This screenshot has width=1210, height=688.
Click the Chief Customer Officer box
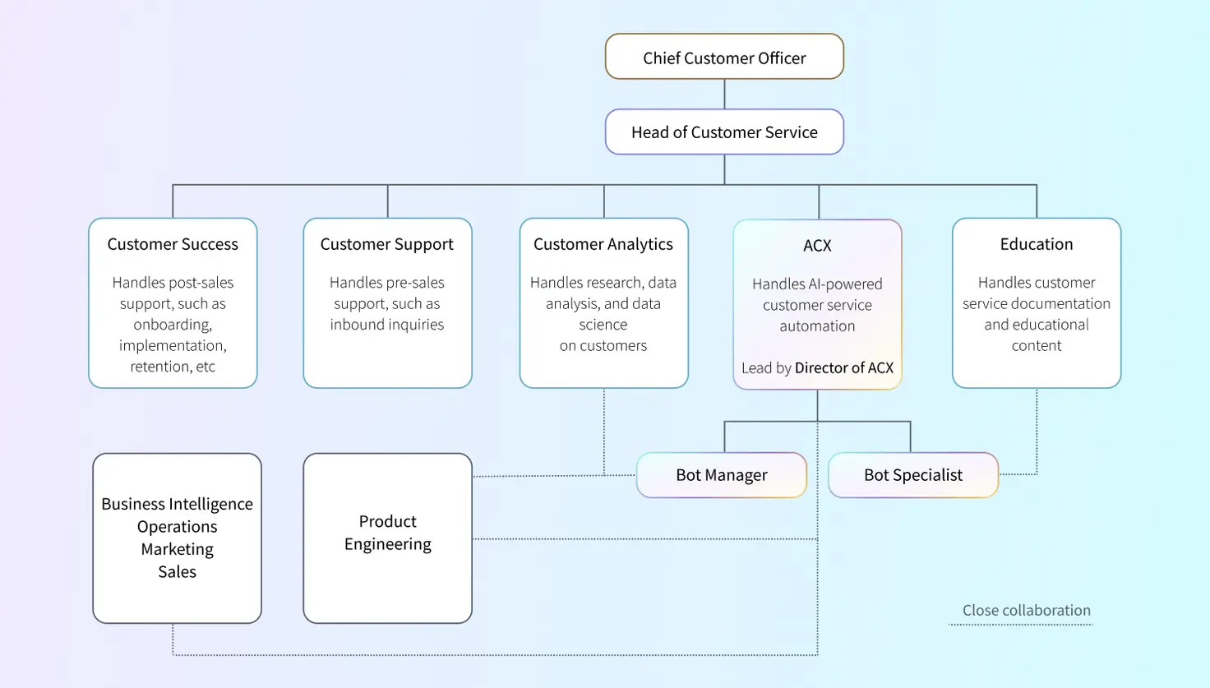tap(724, 58)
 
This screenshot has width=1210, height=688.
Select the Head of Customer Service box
tap(724, 132)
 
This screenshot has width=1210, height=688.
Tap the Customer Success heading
tap(173, 244)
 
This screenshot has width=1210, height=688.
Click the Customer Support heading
tap(386, 244)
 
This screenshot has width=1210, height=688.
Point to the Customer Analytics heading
tap(603, 244)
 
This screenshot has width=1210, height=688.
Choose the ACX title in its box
tap(817, 246)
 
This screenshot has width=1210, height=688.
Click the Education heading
tap(1036, 244)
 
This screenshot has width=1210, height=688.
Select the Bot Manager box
tap(721, 475)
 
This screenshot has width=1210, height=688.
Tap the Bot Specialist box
tap(912, 475)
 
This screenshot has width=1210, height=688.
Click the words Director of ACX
tap(843, 368)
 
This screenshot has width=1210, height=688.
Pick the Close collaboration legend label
tap(1026, 611)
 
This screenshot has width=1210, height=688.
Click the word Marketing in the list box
tap(177, 549)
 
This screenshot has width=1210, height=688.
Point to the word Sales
tap(177, 572)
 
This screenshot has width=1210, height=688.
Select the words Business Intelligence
tap(177, 504)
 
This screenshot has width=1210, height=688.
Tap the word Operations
tap(177, 527)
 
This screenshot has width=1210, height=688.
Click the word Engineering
tap(387, 544)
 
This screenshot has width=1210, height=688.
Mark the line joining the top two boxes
tap(724, 94)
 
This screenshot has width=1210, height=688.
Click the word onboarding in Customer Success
tap(173, 325)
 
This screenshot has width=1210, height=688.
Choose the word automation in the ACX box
tap(817, 326)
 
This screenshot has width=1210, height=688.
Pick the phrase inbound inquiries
tap(386, 325)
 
